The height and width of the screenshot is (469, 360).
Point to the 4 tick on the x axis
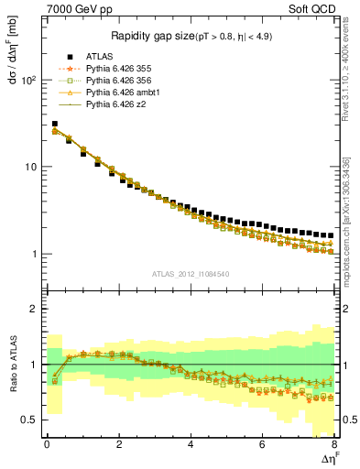click(191, 445)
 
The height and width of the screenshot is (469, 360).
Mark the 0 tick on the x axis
click(47, 445)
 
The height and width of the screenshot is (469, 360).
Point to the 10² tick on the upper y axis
click(31, 80)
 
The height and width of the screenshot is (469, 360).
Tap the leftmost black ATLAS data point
click(54, 124)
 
